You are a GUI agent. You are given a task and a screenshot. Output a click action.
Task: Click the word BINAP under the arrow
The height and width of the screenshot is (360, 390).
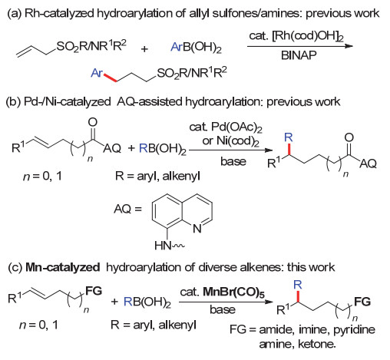[299, 55]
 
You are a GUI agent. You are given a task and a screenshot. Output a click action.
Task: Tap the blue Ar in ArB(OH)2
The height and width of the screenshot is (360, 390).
[177, 47]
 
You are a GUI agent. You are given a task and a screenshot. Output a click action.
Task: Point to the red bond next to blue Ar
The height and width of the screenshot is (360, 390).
[111, 78]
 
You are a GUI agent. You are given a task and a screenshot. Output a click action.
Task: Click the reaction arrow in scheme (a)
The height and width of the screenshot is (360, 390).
[299, 46]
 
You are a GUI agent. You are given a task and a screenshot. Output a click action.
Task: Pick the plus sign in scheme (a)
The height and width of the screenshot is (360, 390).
[144, 48]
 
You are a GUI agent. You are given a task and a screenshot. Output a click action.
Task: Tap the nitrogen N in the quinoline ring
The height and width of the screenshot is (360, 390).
[197, 228]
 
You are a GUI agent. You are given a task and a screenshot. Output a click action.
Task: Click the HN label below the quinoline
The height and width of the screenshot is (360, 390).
[163, 246]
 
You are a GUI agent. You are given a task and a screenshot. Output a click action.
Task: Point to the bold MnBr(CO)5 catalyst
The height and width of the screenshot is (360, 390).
[233, 292]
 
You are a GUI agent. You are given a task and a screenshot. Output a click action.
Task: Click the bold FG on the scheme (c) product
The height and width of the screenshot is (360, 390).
[362, 302]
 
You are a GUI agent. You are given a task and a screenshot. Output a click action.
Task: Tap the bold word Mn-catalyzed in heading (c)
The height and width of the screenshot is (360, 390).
[63, 267]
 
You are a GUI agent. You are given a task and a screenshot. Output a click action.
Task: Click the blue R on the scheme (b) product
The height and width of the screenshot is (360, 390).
[289, 137]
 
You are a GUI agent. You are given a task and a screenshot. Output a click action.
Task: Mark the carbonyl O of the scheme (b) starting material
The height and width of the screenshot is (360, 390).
[93, 122]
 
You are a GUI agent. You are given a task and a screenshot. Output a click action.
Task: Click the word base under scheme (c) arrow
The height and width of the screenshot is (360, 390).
[223, 309]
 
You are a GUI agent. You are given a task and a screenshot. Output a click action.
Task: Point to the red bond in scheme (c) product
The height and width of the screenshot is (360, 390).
[298, 296]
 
